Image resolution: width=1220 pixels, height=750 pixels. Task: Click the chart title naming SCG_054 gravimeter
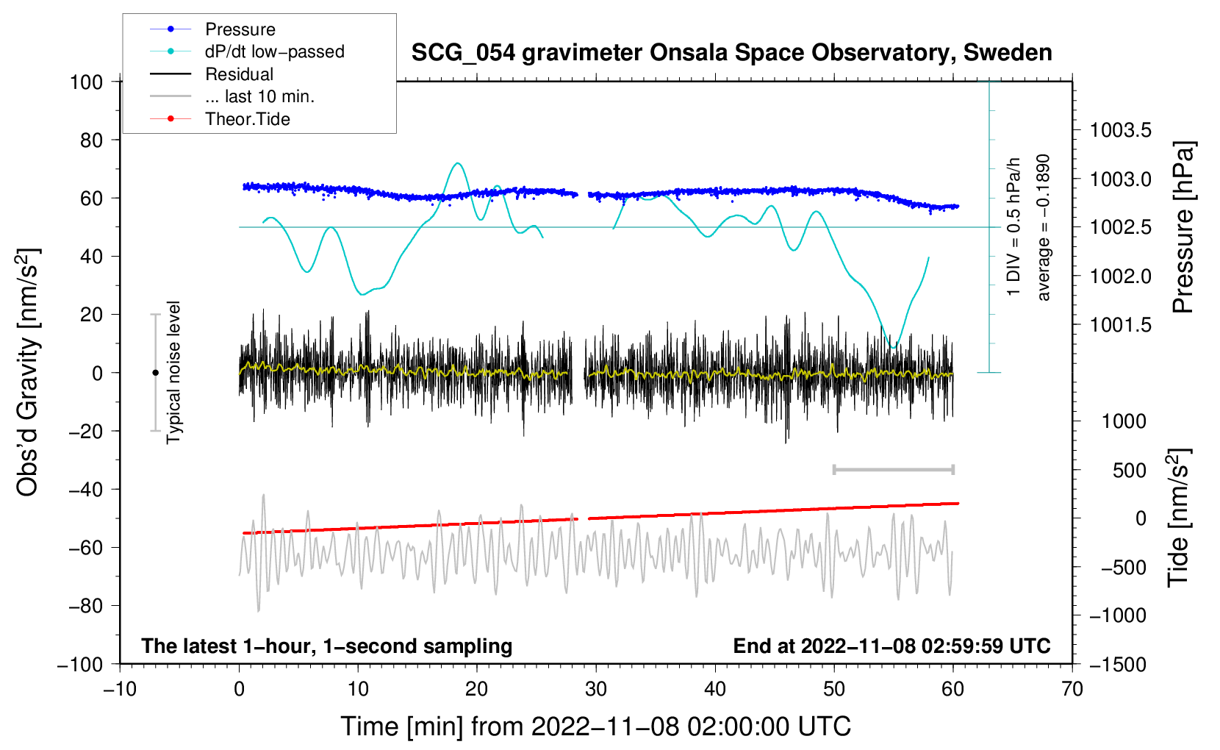pyautogui.click(x=731, y=53)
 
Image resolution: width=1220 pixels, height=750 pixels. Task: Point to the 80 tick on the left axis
pyautogui.click(x=91, y=140)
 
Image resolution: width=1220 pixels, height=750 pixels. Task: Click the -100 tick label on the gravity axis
pyautogui.click(x=80, y=665)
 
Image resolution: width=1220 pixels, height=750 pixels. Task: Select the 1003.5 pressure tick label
pyautogui.click(x=1120, y=130)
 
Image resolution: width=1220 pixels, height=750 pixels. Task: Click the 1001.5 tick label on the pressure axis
pyautogui.click(x=1120, y=325)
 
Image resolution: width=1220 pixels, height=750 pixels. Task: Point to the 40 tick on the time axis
pyautogui.click(x=714, y=689)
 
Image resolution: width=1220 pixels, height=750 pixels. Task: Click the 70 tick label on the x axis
pyautogui.click(x=1072, y=689)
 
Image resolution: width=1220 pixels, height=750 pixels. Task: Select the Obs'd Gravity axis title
pyautogui.click(x=27, y=372)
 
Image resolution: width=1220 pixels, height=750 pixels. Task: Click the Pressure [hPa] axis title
pyautogui.click(x=1183, y=227)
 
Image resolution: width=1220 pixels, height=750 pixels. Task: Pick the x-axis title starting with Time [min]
pyautogui.click(x=595, y=726)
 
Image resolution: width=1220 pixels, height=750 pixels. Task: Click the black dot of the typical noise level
pyautogui.click(x=155, y=373)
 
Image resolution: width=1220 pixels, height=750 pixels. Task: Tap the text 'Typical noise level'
pyautogui.click(x=173, y=372)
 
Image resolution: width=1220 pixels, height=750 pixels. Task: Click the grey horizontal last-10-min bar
pyautogui.click(x=893, y=469)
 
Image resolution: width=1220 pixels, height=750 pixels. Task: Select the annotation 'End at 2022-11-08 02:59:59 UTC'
pyautogui.click(x=891, y=646)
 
